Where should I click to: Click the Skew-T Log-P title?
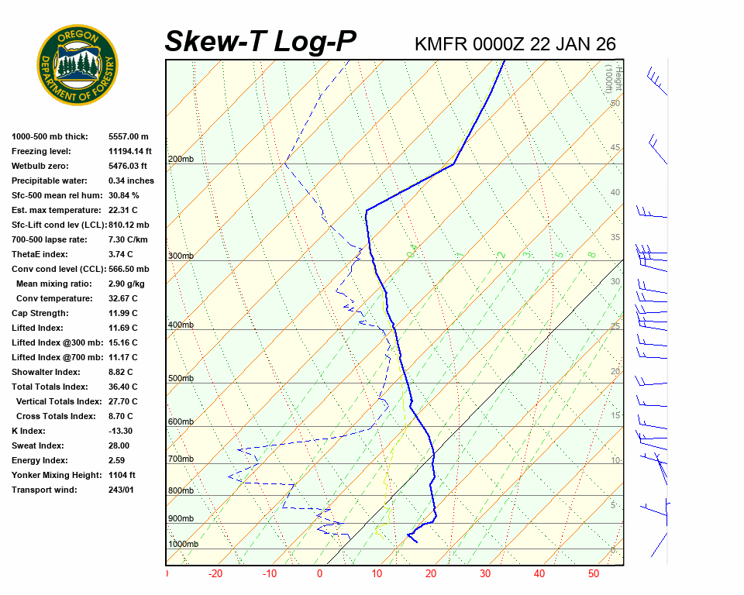pyautogui.click(x=260, y=41)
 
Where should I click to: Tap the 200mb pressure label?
pyautogui.click(x=181, y=160)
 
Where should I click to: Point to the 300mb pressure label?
pyautogui.click(x=181, y=256)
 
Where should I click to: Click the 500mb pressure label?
pyautogui.click(x=181, y=379)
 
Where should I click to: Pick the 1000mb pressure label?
pyautogui.click(x=183, y=545)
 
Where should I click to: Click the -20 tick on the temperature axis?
pyautogui.click(x=215, y=574)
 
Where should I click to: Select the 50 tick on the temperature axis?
pyautogui.click(x=593, y=574)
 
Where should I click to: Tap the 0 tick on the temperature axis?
pyautogui.click(x=319, y=574)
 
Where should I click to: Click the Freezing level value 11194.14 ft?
pyautogui.click(x=130, y=151)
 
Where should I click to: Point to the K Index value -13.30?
pyautogui.click(x=120, y=431)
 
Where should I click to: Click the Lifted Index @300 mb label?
pyautogui.click(x=53, y=342)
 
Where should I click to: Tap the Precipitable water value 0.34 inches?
pyautogui.click(x=131, y=181)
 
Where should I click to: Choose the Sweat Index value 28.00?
pyautogui.click(x=119, y=445)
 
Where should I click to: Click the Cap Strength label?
pyautogui.click(x=40, y=313)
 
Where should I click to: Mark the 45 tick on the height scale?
pyautogui.click(x=615, y=148)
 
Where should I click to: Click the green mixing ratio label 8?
pyautogui.click(x=591, y=254)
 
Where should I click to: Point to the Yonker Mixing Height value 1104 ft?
pyautogui.click(x=122, y=475)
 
